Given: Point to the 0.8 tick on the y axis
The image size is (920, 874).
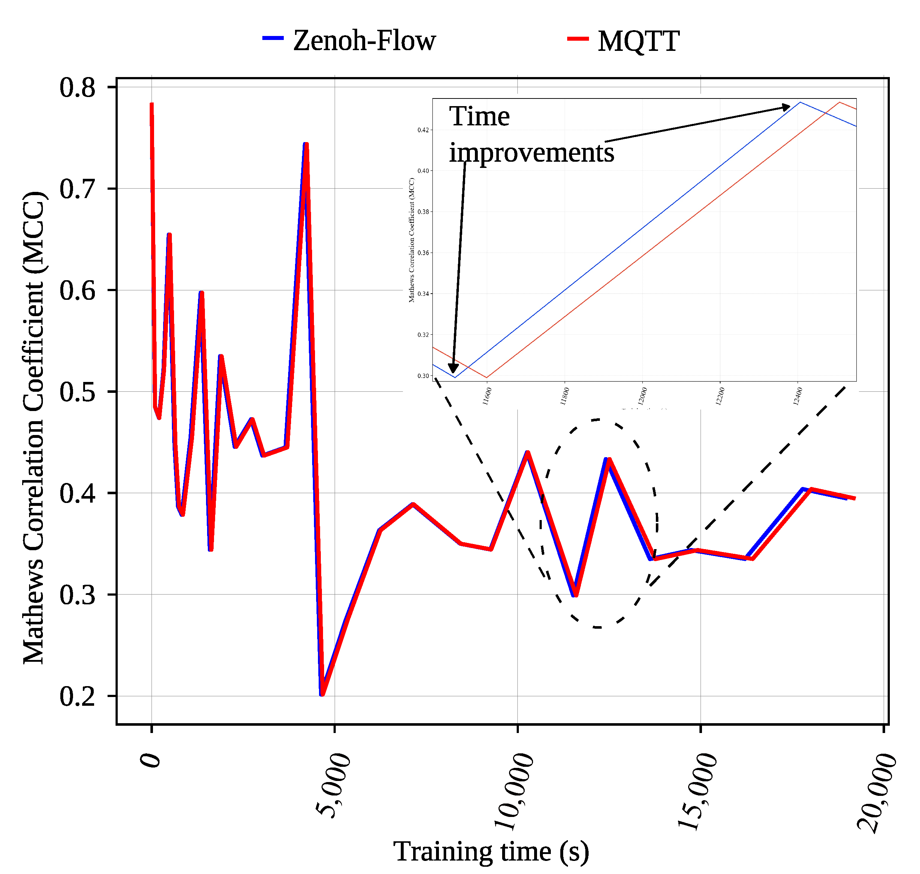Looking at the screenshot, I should click(x=77, y=87).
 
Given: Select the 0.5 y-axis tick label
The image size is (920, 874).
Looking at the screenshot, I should click(x=77, y=392).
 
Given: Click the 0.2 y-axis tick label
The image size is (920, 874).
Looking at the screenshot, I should click(x=77, y=697).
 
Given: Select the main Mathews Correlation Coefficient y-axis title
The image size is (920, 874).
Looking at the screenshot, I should click(x=33, y=428).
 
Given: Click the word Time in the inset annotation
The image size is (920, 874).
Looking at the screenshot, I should click(x=479, y=116).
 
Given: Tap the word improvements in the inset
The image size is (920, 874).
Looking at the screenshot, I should click(x=531, y=152).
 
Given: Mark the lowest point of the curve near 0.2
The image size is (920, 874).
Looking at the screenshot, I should click(x=322, y=694).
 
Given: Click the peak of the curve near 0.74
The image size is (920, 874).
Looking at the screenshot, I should click(x=306, y=144).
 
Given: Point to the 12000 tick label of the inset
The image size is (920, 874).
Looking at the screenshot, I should click(x=642, y=396).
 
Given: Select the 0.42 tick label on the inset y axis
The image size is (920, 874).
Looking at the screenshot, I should click(x=423, y=130).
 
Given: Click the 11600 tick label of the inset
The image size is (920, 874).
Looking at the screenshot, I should click(x=487, y=396).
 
